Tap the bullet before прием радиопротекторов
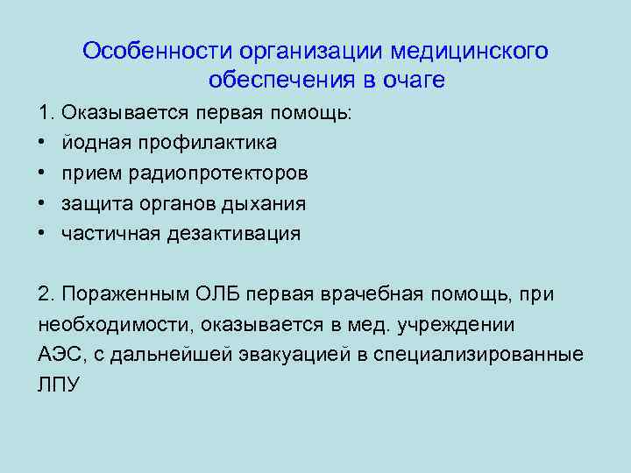43,173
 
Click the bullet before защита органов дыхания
43,204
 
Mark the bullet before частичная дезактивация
43,234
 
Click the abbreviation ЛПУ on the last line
59,385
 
